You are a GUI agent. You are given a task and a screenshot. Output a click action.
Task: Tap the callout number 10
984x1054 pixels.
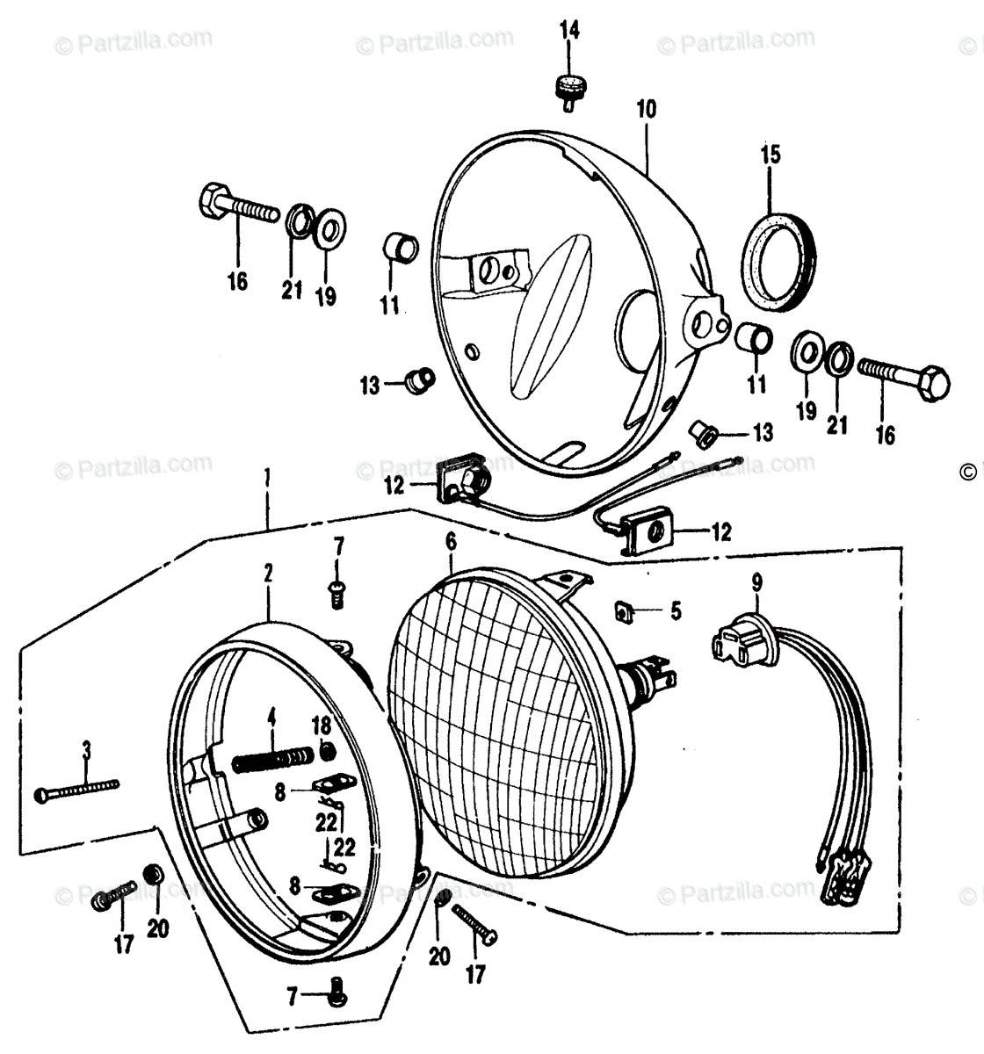(647, 111)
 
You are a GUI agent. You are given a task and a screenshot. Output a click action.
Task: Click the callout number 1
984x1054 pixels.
(267, 481)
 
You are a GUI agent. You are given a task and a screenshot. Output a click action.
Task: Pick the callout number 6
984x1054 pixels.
(452, 542)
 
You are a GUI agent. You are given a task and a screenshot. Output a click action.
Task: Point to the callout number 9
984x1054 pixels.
(757, 581)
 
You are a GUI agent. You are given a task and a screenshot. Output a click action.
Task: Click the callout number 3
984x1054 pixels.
(85, 749)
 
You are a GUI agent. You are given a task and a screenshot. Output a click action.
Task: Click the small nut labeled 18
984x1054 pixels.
(328, 751)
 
